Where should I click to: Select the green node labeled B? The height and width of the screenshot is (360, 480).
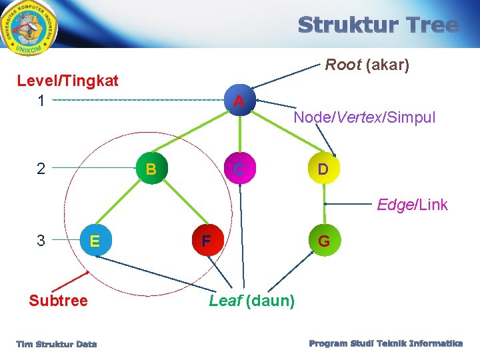tap(151, 169)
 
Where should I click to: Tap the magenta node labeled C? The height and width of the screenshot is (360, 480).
tap(239, 169)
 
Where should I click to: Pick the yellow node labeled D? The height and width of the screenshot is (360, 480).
tap(323, 169)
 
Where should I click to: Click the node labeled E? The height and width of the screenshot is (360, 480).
tap(95, 240)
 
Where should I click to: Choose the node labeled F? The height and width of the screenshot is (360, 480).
tap(207, 240)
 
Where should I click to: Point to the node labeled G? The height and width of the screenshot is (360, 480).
tap(323, 240)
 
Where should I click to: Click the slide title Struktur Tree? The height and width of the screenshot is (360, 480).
tap(378, 26)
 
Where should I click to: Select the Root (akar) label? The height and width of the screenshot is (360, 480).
tap(367, 65)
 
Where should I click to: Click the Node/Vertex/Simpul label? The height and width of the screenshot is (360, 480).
tap(364, 118)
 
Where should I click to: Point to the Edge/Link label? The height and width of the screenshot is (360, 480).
tap(412, 205)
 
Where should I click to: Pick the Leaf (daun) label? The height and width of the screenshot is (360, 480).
tap(251, 301)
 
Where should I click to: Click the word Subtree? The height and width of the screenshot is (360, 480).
tap(58, 301)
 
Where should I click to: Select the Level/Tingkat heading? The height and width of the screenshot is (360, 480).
tap(67, 81)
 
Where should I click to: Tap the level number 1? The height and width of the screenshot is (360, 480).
tap(41, 101)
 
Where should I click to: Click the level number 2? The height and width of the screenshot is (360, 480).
tap(41, 169)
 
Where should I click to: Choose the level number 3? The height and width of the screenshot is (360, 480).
tap(41, 240)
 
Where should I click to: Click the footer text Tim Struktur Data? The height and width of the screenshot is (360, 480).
tap(57, 344)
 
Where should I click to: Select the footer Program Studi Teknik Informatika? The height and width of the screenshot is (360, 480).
tap(385, 343)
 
